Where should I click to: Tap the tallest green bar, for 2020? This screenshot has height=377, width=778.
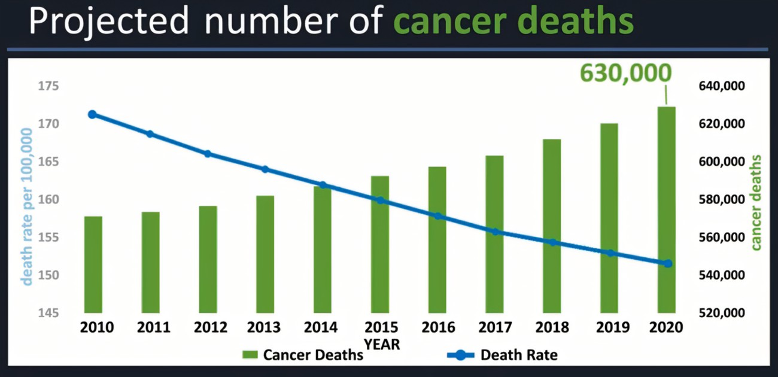coord(666,209)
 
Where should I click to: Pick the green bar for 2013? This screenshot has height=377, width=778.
coord(265,254)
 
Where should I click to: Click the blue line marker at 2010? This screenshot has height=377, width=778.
coord(92,114)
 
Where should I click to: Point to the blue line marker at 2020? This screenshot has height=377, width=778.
coord(668,263)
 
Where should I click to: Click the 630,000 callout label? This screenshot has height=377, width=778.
coord(626,74)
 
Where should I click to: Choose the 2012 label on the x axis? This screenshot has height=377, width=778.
coord(211,328)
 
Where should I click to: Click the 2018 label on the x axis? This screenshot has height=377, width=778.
coord(552,328)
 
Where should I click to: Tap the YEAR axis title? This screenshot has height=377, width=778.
coord(382,345)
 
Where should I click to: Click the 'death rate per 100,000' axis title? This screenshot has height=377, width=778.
coord(27,197)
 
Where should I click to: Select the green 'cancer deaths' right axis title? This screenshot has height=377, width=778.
coord(756,202)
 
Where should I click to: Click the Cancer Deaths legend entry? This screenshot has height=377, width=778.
coord(302,355)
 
